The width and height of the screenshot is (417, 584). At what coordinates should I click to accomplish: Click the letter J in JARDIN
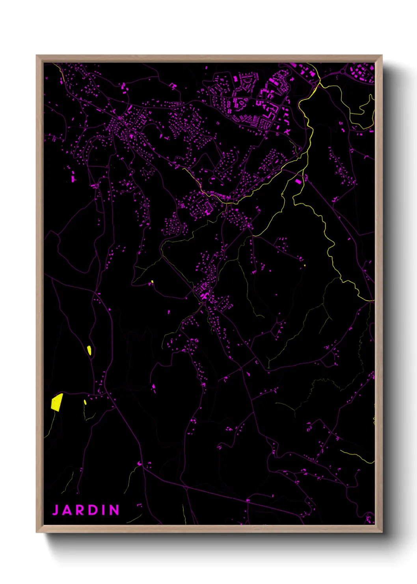[x=56, y=510]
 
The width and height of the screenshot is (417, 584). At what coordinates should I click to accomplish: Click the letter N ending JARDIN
[x=114, y=510]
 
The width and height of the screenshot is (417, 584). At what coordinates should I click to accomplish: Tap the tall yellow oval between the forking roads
[x=89, y=350]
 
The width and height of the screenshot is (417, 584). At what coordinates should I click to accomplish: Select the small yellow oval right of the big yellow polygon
[x=85, y=402]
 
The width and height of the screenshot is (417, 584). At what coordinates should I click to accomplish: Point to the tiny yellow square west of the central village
[x=152, y=282]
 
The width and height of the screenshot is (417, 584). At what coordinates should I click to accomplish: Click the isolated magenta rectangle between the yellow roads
[x=298, y=182]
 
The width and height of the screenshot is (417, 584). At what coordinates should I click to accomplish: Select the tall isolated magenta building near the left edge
[x=73, y=178]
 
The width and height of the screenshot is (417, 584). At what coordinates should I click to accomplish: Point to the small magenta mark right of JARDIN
[x=139, y=505]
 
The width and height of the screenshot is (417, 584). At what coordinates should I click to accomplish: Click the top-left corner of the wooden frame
[x=37, y=56]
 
